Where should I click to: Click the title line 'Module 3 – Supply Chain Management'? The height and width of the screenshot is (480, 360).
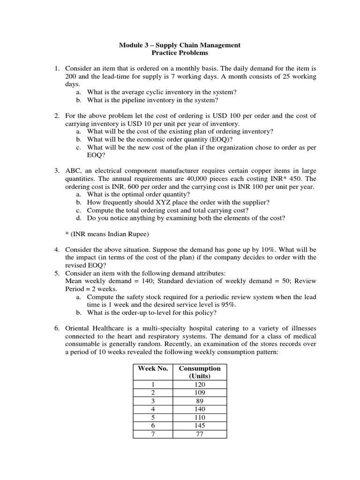tap(180, 45)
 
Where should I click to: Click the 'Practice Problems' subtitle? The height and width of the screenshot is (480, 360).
tap(180, 53)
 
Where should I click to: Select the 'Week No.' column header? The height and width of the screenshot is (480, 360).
tap(152, 368)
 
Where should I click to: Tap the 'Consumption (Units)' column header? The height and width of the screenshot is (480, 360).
tap(199, 372)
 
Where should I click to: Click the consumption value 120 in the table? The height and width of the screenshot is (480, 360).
tap(199, 384)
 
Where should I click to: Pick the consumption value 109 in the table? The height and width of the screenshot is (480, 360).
tap(199, 393)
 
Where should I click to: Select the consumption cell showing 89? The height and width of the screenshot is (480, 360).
tap(199, 401)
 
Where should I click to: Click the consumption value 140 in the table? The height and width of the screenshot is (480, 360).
tap(199, 409)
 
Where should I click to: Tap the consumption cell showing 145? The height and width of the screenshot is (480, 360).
tap(199, 426)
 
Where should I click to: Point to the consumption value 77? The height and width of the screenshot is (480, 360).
tap(199, 434)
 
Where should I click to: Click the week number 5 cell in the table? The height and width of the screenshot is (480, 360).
tap(152, 417)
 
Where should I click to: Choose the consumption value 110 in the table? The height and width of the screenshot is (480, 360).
tap(199, 417)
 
